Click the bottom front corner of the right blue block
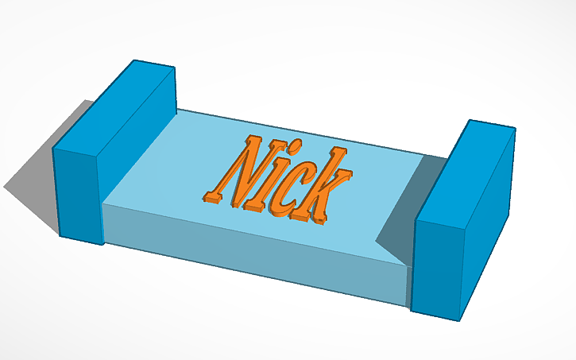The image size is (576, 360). [x=460, y=320]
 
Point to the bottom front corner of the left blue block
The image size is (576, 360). [x=103, y=244]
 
